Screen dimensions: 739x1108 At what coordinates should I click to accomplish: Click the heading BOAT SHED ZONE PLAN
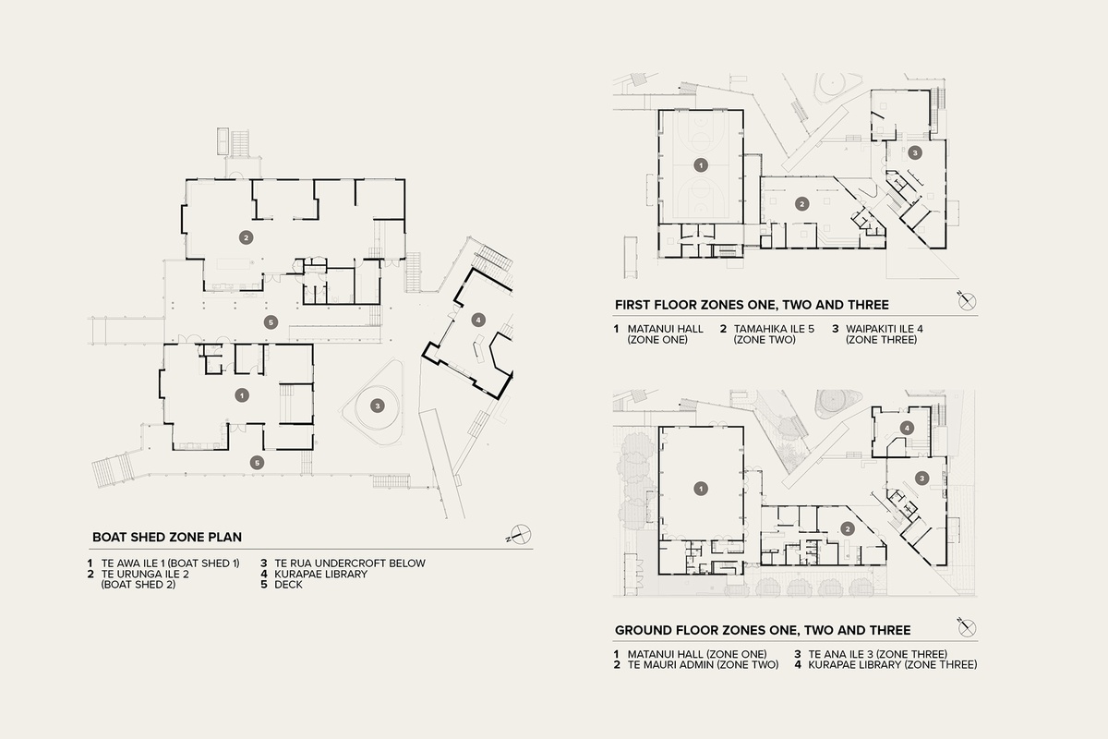coord(165,536)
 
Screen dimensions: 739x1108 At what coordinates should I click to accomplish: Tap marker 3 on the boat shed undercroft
coord(377,405)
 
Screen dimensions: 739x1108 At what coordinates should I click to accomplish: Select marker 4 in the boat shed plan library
coord(477,320)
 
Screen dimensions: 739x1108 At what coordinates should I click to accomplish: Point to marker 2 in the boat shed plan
coord(246,236)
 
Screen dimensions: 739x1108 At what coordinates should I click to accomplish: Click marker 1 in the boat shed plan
coord(241,394)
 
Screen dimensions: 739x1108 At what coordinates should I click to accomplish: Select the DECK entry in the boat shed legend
coord(288,585)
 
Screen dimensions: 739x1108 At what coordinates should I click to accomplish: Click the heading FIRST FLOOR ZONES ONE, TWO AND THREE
coord(752,304)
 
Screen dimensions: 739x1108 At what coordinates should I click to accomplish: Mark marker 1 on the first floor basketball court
coord(700,165)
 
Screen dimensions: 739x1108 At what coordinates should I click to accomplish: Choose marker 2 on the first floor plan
coord(802,203)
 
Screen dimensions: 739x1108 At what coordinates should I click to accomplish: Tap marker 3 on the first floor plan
coord(914,151)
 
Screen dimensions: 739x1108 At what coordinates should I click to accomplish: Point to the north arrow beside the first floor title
coord(966,301)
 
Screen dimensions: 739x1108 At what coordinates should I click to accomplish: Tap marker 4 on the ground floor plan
coord(908,428)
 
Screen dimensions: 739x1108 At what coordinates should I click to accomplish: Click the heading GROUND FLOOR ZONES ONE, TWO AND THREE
coord(763,630)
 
